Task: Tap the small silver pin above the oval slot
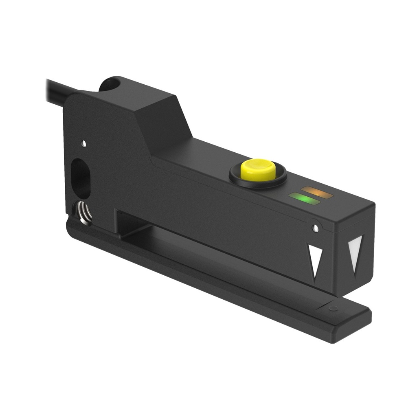[83, 143]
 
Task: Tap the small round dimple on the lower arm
[333, 308]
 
